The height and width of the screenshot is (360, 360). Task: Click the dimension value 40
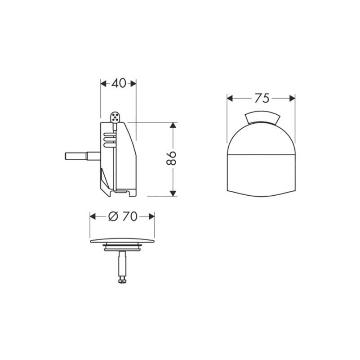click(x=119, y=83)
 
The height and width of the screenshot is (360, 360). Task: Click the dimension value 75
click(x=262, y=99)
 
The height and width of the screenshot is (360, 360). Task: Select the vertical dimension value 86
click(x=171, y=158)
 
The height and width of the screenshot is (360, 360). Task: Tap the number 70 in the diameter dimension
click(x=130, y=216)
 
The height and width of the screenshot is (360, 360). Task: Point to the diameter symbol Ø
click(x=113, y=216)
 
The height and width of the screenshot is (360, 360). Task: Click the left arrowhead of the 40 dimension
click(x=103, y=84)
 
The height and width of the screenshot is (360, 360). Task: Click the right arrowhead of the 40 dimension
click(x=133, y=84)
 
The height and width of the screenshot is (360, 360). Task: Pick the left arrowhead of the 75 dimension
click(x=230, y=99)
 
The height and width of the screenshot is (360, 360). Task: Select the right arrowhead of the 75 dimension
click(x=292, y=99)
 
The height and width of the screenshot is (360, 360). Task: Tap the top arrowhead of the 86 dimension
click(x=173, y=125)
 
